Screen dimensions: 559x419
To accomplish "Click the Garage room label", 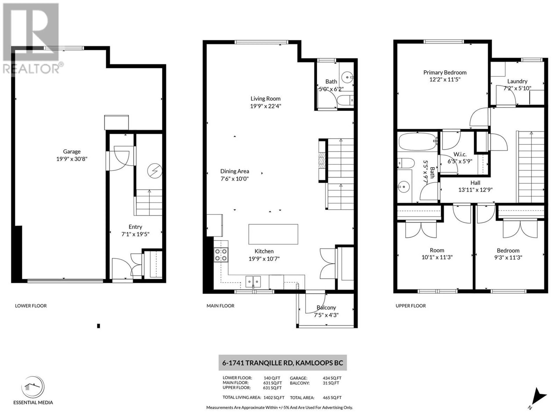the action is [72, 152].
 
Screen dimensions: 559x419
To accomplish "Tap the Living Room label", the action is [265, 98].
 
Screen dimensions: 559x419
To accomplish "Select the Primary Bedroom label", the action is [445, 72].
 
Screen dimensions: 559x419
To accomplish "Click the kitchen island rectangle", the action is [273, 234].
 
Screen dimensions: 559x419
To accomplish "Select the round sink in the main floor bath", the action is [347, 76].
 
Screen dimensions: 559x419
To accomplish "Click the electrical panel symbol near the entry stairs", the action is [155, 171].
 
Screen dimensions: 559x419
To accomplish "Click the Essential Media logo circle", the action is [33, 387].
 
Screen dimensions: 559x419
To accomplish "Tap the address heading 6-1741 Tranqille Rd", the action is [283, 363].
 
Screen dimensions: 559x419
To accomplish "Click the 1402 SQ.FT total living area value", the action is [274, 397].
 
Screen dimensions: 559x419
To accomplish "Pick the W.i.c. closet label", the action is [460, 154].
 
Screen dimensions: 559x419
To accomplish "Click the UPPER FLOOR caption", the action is [411, 306].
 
